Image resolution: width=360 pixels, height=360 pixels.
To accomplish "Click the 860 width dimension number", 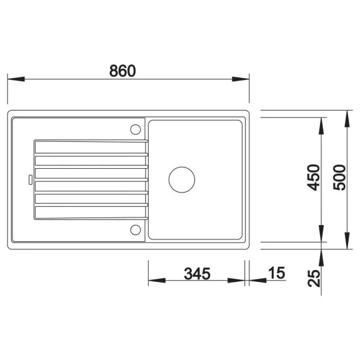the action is point(122,71).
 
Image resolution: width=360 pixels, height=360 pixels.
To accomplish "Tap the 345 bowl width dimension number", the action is point(197,274).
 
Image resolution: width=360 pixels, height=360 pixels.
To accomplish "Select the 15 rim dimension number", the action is point(277,273).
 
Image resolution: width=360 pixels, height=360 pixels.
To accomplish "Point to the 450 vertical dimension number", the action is point(314,177).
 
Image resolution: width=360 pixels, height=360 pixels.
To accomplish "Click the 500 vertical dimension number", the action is point(339,177).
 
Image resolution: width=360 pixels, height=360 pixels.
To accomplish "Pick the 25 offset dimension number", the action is point(314,278).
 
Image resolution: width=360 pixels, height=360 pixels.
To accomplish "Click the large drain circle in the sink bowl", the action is point(182,180).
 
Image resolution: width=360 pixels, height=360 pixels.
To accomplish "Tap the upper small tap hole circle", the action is point(136,129).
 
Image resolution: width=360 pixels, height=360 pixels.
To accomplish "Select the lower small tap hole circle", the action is point(136,230).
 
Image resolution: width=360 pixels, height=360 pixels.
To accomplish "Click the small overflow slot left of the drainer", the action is point(30,180).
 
